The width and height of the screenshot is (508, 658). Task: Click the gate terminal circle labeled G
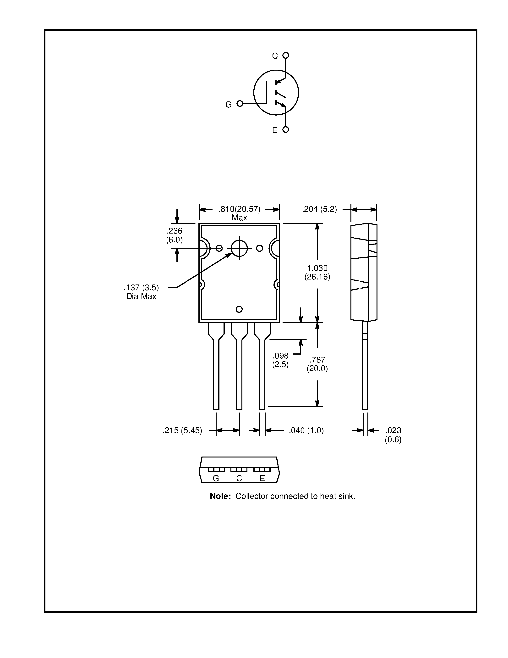240,104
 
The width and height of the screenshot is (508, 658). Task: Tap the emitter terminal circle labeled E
286,129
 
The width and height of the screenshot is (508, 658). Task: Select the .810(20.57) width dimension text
239,209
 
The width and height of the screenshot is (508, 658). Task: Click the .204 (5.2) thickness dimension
319,209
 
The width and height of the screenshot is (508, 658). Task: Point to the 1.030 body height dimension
317,272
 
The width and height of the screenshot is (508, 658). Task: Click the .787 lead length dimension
317,364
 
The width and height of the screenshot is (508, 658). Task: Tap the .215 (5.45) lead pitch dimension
182,430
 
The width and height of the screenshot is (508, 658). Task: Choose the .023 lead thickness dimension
393,435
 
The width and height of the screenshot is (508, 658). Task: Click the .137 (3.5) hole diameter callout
141,287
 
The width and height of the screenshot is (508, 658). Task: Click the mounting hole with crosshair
239,248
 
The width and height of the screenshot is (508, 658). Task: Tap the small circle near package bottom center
239,309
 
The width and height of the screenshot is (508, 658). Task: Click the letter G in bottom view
216,479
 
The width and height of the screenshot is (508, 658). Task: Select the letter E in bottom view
262,479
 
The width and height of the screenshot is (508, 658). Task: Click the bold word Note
220,496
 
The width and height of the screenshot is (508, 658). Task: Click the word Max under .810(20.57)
239,218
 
